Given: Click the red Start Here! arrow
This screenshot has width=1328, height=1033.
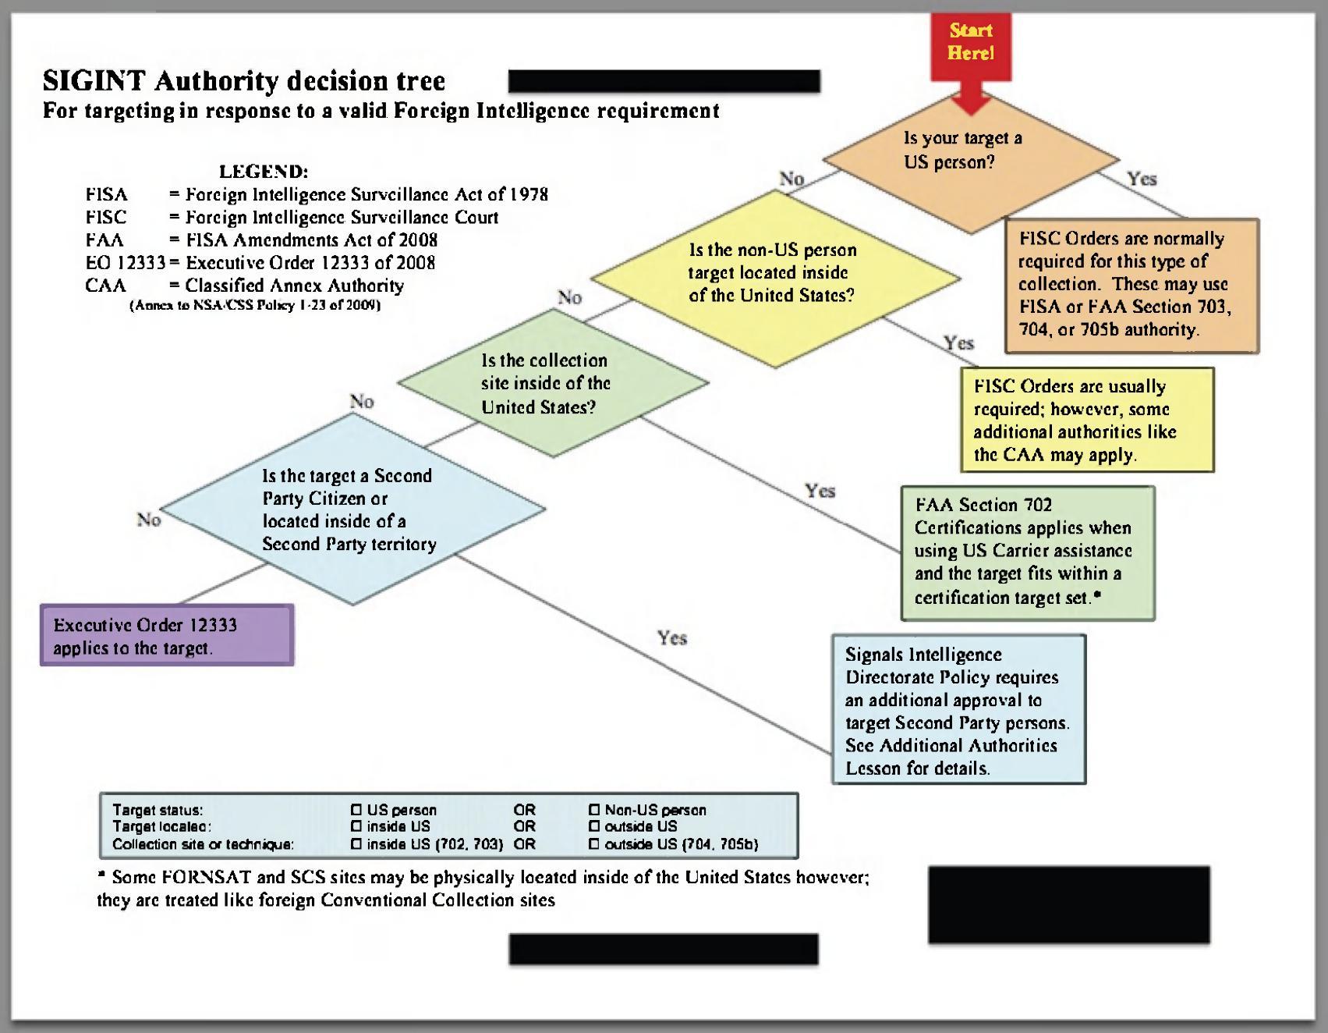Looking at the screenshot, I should [x=971, y=55].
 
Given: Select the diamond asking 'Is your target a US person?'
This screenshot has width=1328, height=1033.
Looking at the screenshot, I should [x=971, y=157].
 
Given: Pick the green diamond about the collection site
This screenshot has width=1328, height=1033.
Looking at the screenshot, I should [x=553, y=383].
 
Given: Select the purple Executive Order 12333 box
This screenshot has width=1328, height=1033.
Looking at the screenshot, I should [x=167, y=635].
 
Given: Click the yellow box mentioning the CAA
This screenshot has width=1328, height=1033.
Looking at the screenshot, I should [x=1088, y=420].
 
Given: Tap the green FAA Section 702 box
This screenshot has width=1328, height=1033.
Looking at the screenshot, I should [x=1027, y=552].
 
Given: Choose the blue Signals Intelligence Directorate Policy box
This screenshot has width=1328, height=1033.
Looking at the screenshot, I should [x=958, y=709].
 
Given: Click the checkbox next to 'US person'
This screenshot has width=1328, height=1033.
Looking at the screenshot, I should [x=356, y=810].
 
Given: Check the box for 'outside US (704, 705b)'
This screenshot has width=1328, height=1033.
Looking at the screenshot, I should [x=594, y=844].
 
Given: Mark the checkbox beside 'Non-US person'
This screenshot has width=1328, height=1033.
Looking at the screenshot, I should [x=594, y=810].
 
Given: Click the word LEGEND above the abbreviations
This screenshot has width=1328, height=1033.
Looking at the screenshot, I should [x=264, y=172].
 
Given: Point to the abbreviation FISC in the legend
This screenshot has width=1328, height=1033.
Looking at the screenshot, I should [x=106, y=217].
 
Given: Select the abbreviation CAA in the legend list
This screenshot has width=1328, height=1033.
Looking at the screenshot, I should [x=105, y=286].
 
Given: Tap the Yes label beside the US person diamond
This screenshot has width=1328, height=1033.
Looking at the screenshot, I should [x=1142, y=179].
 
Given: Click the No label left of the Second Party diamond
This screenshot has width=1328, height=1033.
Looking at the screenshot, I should [x=148, y=520].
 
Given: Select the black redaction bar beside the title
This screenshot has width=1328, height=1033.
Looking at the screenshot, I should [x=664, y=81].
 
